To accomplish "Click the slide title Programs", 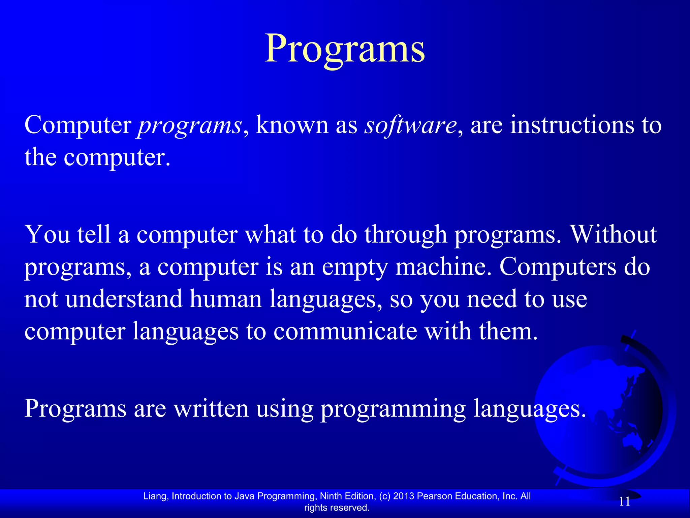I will [x=344, y=49].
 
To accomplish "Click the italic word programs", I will [x=190, y=125].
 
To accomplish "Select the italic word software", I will [x=410, y=125].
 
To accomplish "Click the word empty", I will [x=354, y=267].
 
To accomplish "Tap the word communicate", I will [x=345, y=331].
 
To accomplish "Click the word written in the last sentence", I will [x=211, y=408].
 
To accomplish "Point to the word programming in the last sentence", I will [x=393, y=409].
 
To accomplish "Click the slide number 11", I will [x=625, y=502].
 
